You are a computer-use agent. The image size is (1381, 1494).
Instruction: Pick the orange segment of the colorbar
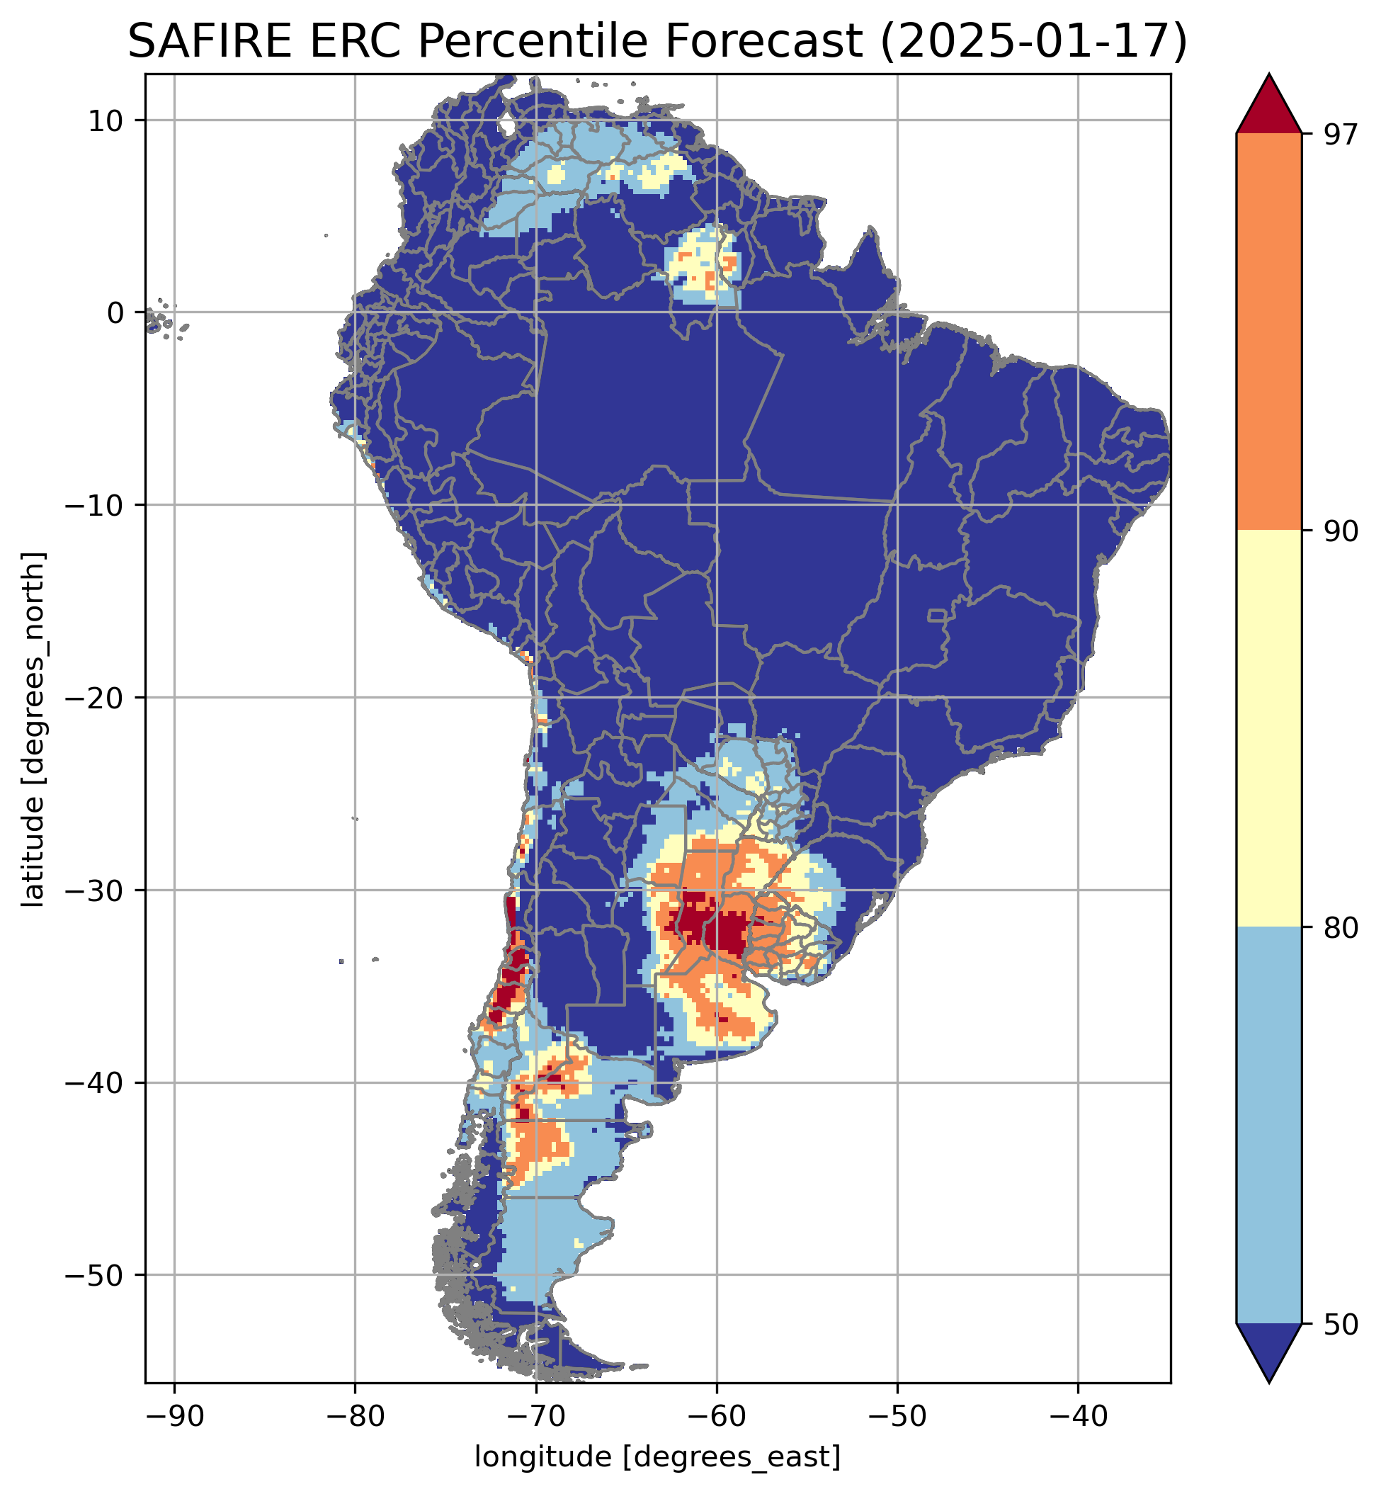[x=1269, y=332]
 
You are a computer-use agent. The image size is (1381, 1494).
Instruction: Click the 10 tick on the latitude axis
[x=106, y=120]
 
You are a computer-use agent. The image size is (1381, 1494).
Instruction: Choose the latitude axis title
[x=33, y=730]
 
